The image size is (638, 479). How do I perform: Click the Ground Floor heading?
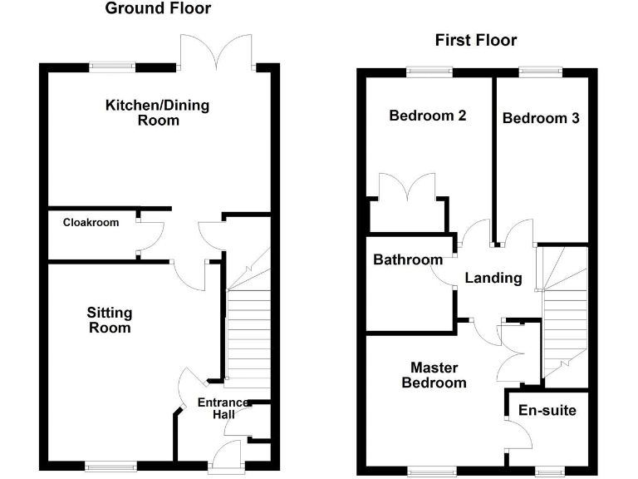(x=158, y=8)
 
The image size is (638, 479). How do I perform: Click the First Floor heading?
(x=476, y=40)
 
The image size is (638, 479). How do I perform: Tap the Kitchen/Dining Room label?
(x=158, y=112)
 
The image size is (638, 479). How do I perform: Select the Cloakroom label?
(x=91, y=222)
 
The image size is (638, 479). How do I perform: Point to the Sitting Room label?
(x=110, y=320)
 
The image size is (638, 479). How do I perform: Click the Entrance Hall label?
(x=223, y=408)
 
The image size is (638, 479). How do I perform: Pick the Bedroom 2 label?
(x=428, y=116)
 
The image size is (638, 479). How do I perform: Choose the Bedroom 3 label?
(x=541, y=118)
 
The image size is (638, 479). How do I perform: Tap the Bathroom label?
(x=408, y=259)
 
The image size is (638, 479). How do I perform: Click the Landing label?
(x=493, y=279)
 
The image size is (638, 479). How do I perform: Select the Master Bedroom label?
(x=434, y=375)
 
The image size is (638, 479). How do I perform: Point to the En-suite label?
(x=547, y=410)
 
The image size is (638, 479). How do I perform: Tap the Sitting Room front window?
(x=111, y=467)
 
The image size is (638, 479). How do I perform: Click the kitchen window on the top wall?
(x=112, y=67)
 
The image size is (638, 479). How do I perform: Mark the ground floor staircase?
(x=247, y=318)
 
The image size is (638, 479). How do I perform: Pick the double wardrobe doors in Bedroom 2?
(x=407, y=187)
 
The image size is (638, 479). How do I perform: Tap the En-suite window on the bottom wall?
(x=549, y=472)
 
